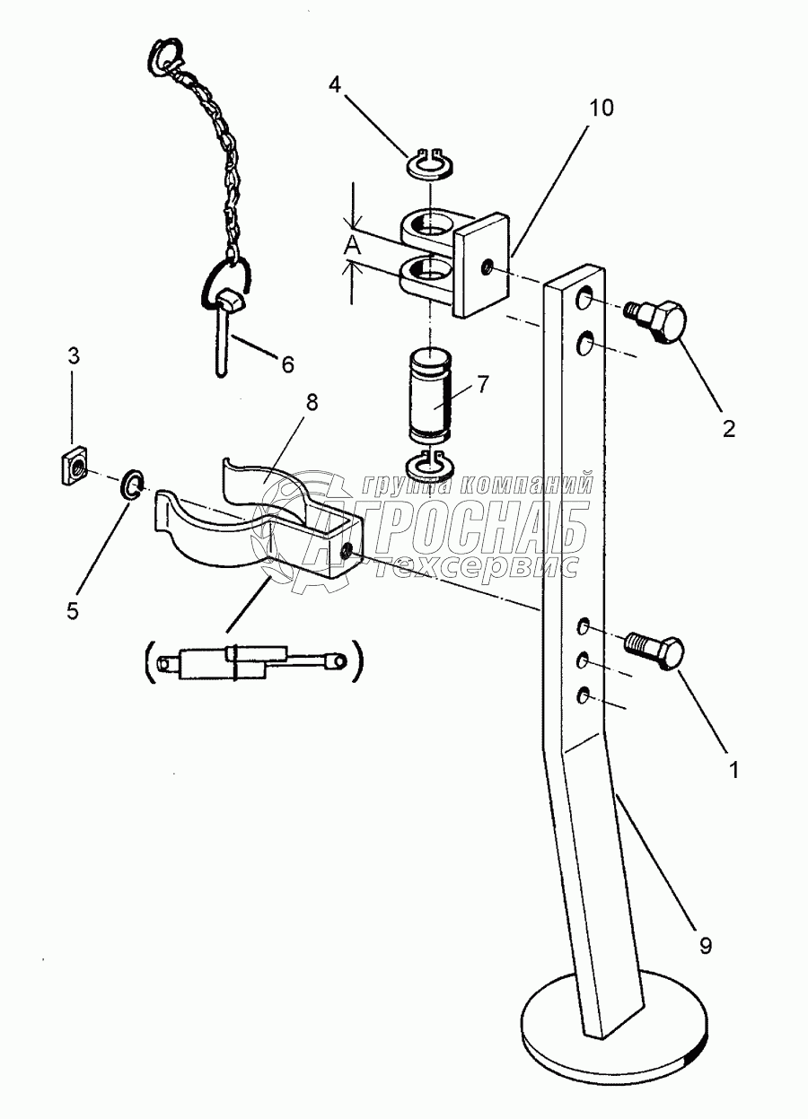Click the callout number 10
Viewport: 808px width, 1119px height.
(602, 108)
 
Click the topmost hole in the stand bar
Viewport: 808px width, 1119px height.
(585, 298)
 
